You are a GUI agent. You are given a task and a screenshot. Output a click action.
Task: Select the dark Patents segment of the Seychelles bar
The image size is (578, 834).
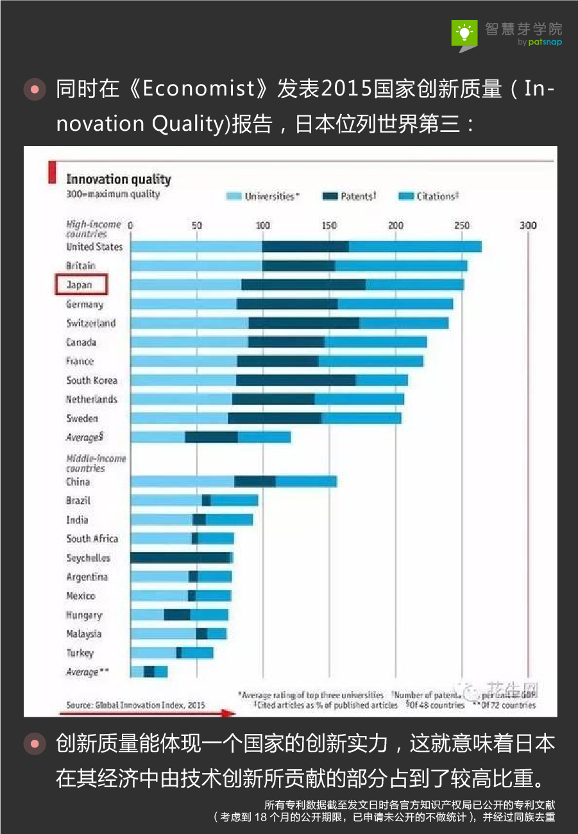[180, 558]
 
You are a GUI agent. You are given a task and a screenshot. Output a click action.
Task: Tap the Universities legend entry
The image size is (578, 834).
[264, 196]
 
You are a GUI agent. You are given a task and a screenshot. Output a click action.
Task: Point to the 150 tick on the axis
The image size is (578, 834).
[330, 226]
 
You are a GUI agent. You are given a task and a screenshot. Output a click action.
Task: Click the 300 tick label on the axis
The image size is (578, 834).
[528, 226]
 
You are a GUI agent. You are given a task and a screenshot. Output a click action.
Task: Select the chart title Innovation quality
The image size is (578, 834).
[119, 179]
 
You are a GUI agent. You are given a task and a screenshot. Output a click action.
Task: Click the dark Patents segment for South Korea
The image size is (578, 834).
[296, 380]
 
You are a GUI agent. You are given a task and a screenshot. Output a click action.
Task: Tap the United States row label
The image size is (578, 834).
[94, 247]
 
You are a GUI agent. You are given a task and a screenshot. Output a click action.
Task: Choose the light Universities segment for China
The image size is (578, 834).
[182, 481]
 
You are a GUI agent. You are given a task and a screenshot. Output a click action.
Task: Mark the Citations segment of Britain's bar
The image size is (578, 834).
[402, 265]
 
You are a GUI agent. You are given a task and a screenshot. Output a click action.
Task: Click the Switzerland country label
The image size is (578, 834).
[91, 323]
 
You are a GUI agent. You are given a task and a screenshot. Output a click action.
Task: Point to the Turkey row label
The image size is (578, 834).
[80, 653]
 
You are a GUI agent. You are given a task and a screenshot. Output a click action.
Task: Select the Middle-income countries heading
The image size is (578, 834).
[96, 463]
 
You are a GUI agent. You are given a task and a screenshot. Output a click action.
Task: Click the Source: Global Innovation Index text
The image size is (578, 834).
[135, 705]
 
